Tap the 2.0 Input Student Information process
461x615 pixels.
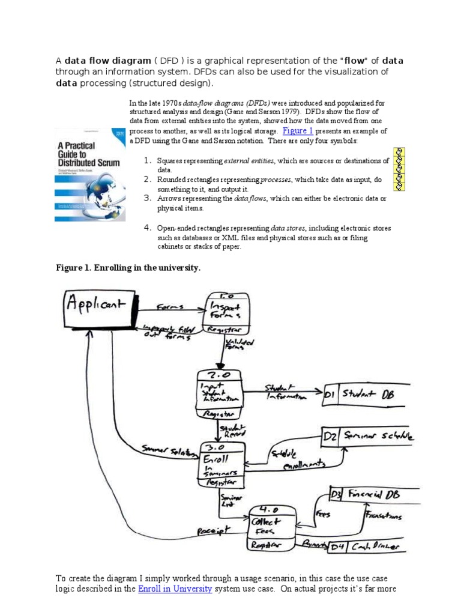(220, 393)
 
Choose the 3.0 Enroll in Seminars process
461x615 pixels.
(221, 464)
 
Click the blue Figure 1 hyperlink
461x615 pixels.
(298, 130)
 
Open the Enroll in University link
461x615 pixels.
(175, 589)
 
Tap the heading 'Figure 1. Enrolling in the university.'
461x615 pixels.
(128, 268)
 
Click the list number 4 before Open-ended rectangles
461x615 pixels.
(146, 227)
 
